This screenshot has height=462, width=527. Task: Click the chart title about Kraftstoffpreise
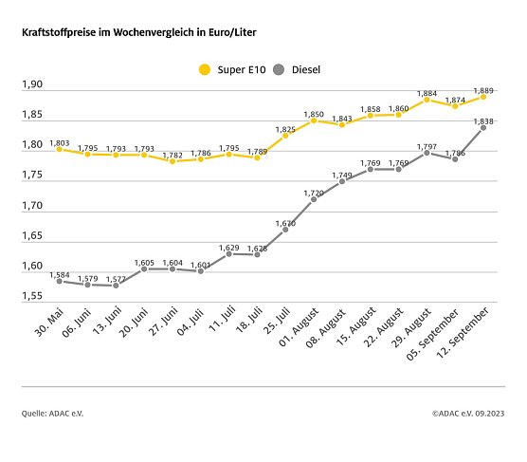[138, 32]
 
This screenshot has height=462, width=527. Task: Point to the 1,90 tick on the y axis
[32, 85]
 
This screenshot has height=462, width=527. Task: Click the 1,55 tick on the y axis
[32, 296]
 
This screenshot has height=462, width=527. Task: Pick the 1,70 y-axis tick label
[32, 206]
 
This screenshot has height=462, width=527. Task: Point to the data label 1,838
[483, 120]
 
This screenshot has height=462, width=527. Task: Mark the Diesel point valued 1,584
[59, 281]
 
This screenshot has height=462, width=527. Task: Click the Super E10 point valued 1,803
[59, 149]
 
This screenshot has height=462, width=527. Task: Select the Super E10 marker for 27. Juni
[173, 161]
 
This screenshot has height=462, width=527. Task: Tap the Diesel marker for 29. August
[427, 153]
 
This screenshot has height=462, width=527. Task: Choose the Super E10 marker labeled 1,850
[314, 120]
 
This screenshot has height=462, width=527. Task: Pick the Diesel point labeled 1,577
[116, 286]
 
